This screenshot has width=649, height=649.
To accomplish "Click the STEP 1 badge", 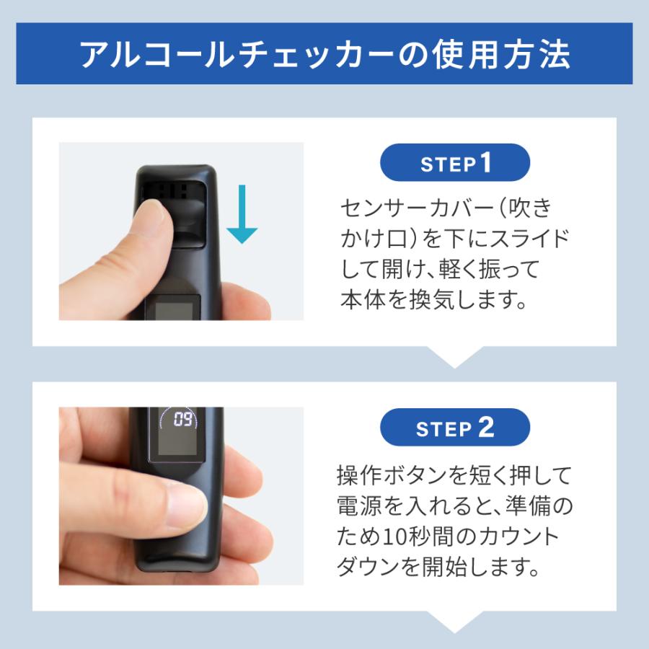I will (x=455, y=162).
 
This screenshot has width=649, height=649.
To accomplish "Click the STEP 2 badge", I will (x=455, y=428).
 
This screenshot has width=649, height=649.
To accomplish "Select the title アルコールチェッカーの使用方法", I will (x=324, y=56).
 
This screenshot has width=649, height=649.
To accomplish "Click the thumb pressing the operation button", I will (x=177, y=501).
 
